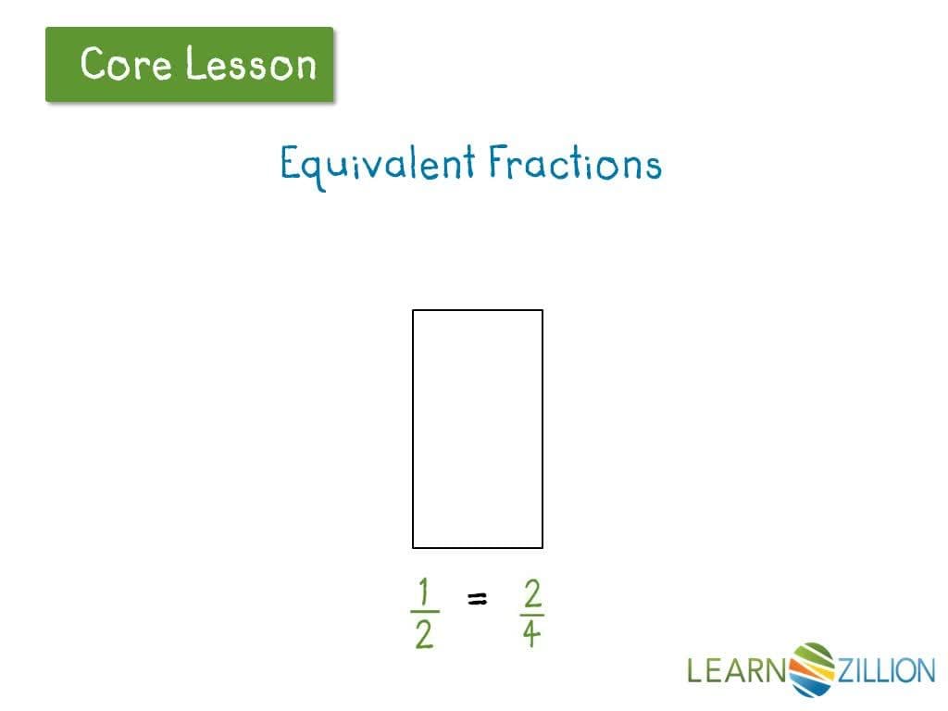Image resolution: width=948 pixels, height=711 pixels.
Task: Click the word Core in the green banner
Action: (x=126, y=64)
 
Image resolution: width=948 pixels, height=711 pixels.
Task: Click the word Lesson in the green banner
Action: (x=250, y=64)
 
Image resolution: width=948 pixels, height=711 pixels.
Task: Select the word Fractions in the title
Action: (x=575, y=164)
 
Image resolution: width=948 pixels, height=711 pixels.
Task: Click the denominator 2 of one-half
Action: (x=424, y=635)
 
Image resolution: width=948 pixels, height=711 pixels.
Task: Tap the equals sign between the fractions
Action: (x=477, y=601)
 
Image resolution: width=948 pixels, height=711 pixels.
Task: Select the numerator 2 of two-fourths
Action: (x=531, y=592)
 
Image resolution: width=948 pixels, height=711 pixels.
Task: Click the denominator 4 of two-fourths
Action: (x=531, y=635)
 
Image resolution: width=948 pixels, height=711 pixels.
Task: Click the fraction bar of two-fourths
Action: (x=531, y=614)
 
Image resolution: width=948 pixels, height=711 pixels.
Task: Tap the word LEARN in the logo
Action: (x=736, y=669)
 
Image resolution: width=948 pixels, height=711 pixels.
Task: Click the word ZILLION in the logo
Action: (x=886, y=669)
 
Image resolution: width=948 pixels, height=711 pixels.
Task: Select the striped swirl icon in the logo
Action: (x=812, y=668)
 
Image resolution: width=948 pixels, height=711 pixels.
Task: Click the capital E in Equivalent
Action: (x=291, y=164)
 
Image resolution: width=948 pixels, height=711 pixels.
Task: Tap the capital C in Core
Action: (x=94, y=64)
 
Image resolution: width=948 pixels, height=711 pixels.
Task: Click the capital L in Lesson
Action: (x=194, y=64)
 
